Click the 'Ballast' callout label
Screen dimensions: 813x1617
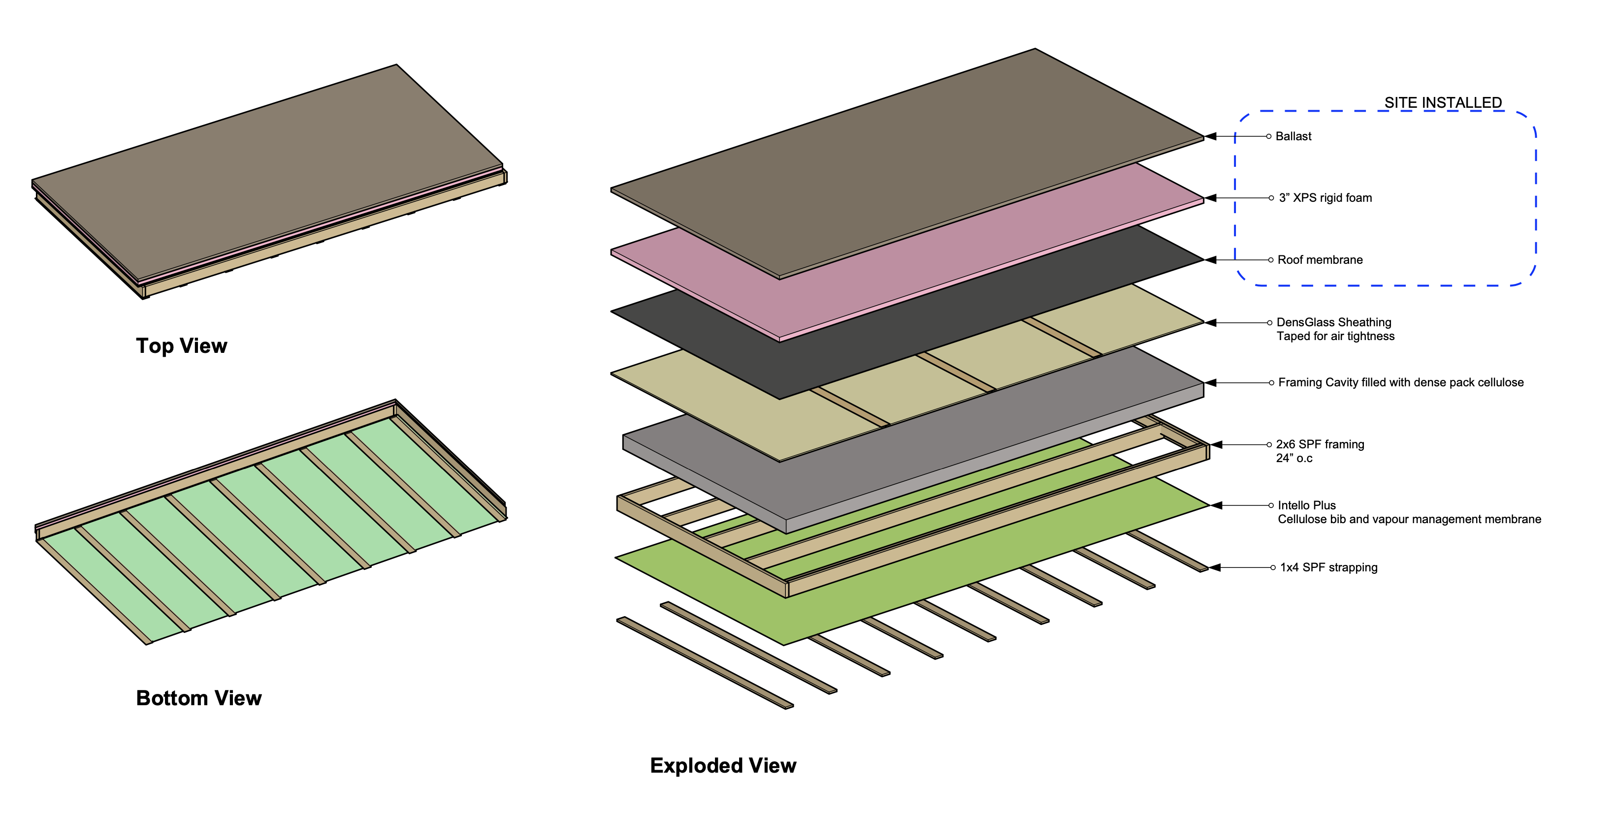pos(1293,136)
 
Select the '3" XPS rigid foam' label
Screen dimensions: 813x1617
pos(1325,198)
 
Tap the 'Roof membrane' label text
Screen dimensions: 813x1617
pos(1320,260)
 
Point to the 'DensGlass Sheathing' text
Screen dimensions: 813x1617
pos(1333,322)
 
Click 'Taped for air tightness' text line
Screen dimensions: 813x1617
pos(1335,336)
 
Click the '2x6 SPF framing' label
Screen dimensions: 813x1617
pos(1320,444)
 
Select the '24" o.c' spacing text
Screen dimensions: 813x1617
pos(1294,458)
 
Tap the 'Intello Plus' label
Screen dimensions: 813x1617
pos(1306,505)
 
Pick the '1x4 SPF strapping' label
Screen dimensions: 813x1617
pos(1328,567)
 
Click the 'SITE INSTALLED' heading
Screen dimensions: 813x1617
pos(1443,102)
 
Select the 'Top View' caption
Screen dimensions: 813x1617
pos(181,345)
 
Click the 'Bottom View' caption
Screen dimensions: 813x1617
pos(198,697)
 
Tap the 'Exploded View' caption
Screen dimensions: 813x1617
pos(722,765)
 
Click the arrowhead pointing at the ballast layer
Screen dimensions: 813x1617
pos(1211,136)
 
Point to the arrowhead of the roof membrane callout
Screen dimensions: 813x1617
pos(1211,260)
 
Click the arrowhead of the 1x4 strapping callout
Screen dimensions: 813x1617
pos(1215,567)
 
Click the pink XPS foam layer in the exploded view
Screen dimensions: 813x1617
pos(941,263)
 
